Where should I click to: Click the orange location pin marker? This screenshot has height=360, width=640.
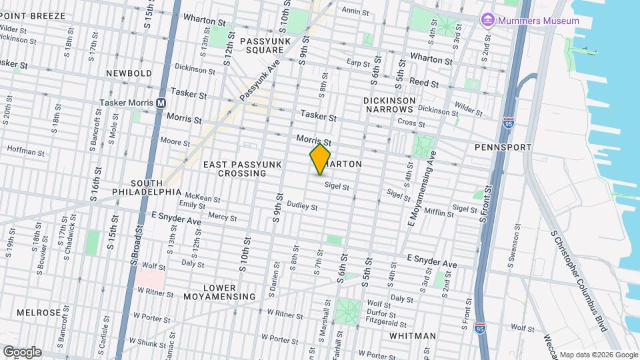click(x=320, y=159)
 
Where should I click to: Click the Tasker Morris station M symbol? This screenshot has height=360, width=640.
click(x=160, y=103)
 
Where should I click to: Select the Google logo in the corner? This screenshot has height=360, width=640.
click(x=21, y=352)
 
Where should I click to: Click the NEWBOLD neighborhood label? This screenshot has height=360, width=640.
click(x=129, y=73)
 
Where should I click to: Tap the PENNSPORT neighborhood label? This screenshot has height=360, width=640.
click(x=502, y=147)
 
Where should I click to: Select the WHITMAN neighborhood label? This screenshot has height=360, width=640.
click(x=413, y=336)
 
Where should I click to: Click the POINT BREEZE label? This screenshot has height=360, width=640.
click(x=33, y=15)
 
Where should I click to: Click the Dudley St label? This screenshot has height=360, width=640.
click(x=302, y=207)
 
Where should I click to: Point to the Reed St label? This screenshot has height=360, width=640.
click(x=424, y=84)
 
